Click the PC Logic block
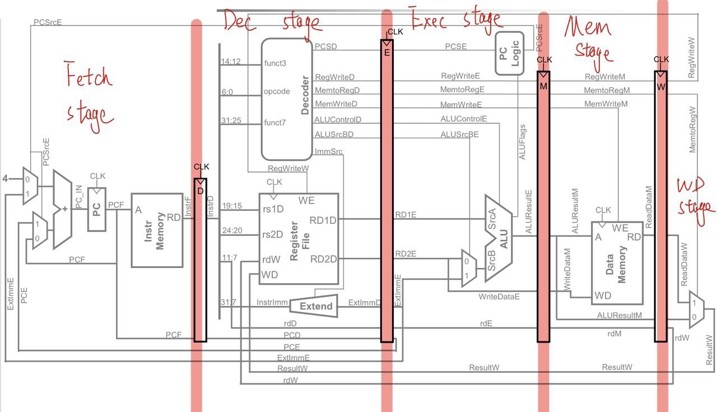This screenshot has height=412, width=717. tap(508, 53)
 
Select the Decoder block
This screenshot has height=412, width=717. tap(287, 99)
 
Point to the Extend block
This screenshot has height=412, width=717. tap(314, 306)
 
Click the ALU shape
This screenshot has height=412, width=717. tap(500, 241)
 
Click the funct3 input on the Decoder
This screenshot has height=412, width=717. tap(276, 63)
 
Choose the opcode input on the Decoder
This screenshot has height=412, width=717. tap(277, 91)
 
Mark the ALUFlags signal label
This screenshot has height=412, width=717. tap(522, 143)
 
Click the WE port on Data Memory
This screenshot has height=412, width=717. tap(620, 228)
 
